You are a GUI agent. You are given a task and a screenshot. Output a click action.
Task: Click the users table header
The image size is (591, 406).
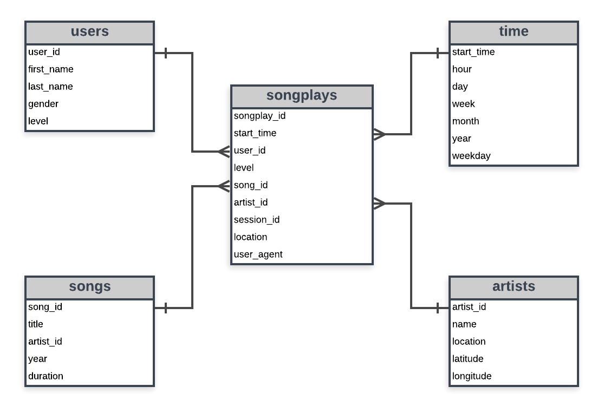point(89,32)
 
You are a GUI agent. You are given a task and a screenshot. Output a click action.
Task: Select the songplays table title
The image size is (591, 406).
point(302,96)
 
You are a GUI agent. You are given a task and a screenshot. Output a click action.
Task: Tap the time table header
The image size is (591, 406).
point(514,32)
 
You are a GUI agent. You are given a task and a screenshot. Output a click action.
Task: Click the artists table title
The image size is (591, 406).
point(514,287)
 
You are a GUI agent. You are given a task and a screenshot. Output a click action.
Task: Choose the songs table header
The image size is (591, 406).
point(89,287)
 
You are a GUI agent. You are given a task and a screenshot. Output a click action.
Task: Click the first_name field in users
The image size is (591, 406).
point(51,69)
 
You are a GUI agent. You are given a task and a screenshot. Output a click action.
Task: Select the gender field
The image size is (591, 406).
point(43,104)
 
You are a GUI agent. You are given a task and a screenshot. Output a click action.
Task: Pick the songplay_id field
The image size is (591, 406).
point(259,116)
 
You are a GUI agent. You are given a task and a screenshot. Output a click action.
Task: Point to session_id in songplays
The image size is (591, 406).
point(257,220)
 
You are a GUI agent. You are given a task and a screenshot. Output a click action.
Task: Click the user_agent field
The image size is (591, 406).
point(258,254)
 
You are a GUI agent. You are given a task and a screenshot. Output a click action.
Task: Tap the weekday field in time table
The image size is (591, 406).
point(471,156)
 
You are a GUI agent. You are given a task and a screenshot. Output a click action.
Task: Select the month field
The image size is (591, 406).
point(465,121)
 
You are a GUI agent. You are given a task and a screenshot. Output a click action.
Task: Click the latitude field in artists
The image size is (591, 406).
point(467,359)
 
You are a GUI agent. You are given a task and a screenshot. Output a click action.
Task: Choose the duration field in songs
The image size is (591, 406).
point(46,376)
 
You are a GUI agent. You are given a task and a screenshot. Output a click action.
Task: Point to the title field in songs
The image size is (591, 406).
point(36,324)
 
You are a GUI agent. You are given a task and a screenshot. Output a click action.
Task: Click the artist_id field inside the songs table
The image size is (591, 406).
point(45,342)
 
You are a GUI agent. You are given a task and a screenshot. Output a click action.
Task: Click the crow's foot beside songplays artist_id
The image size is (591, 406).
point(379,204)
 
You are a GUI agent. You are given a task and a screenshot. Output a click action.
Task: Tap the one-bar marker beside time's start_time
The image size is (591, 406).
point(438,53)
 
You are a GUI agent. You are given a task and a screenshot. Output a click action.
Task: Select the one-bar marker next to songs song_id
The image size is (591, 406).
point(165,308)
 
